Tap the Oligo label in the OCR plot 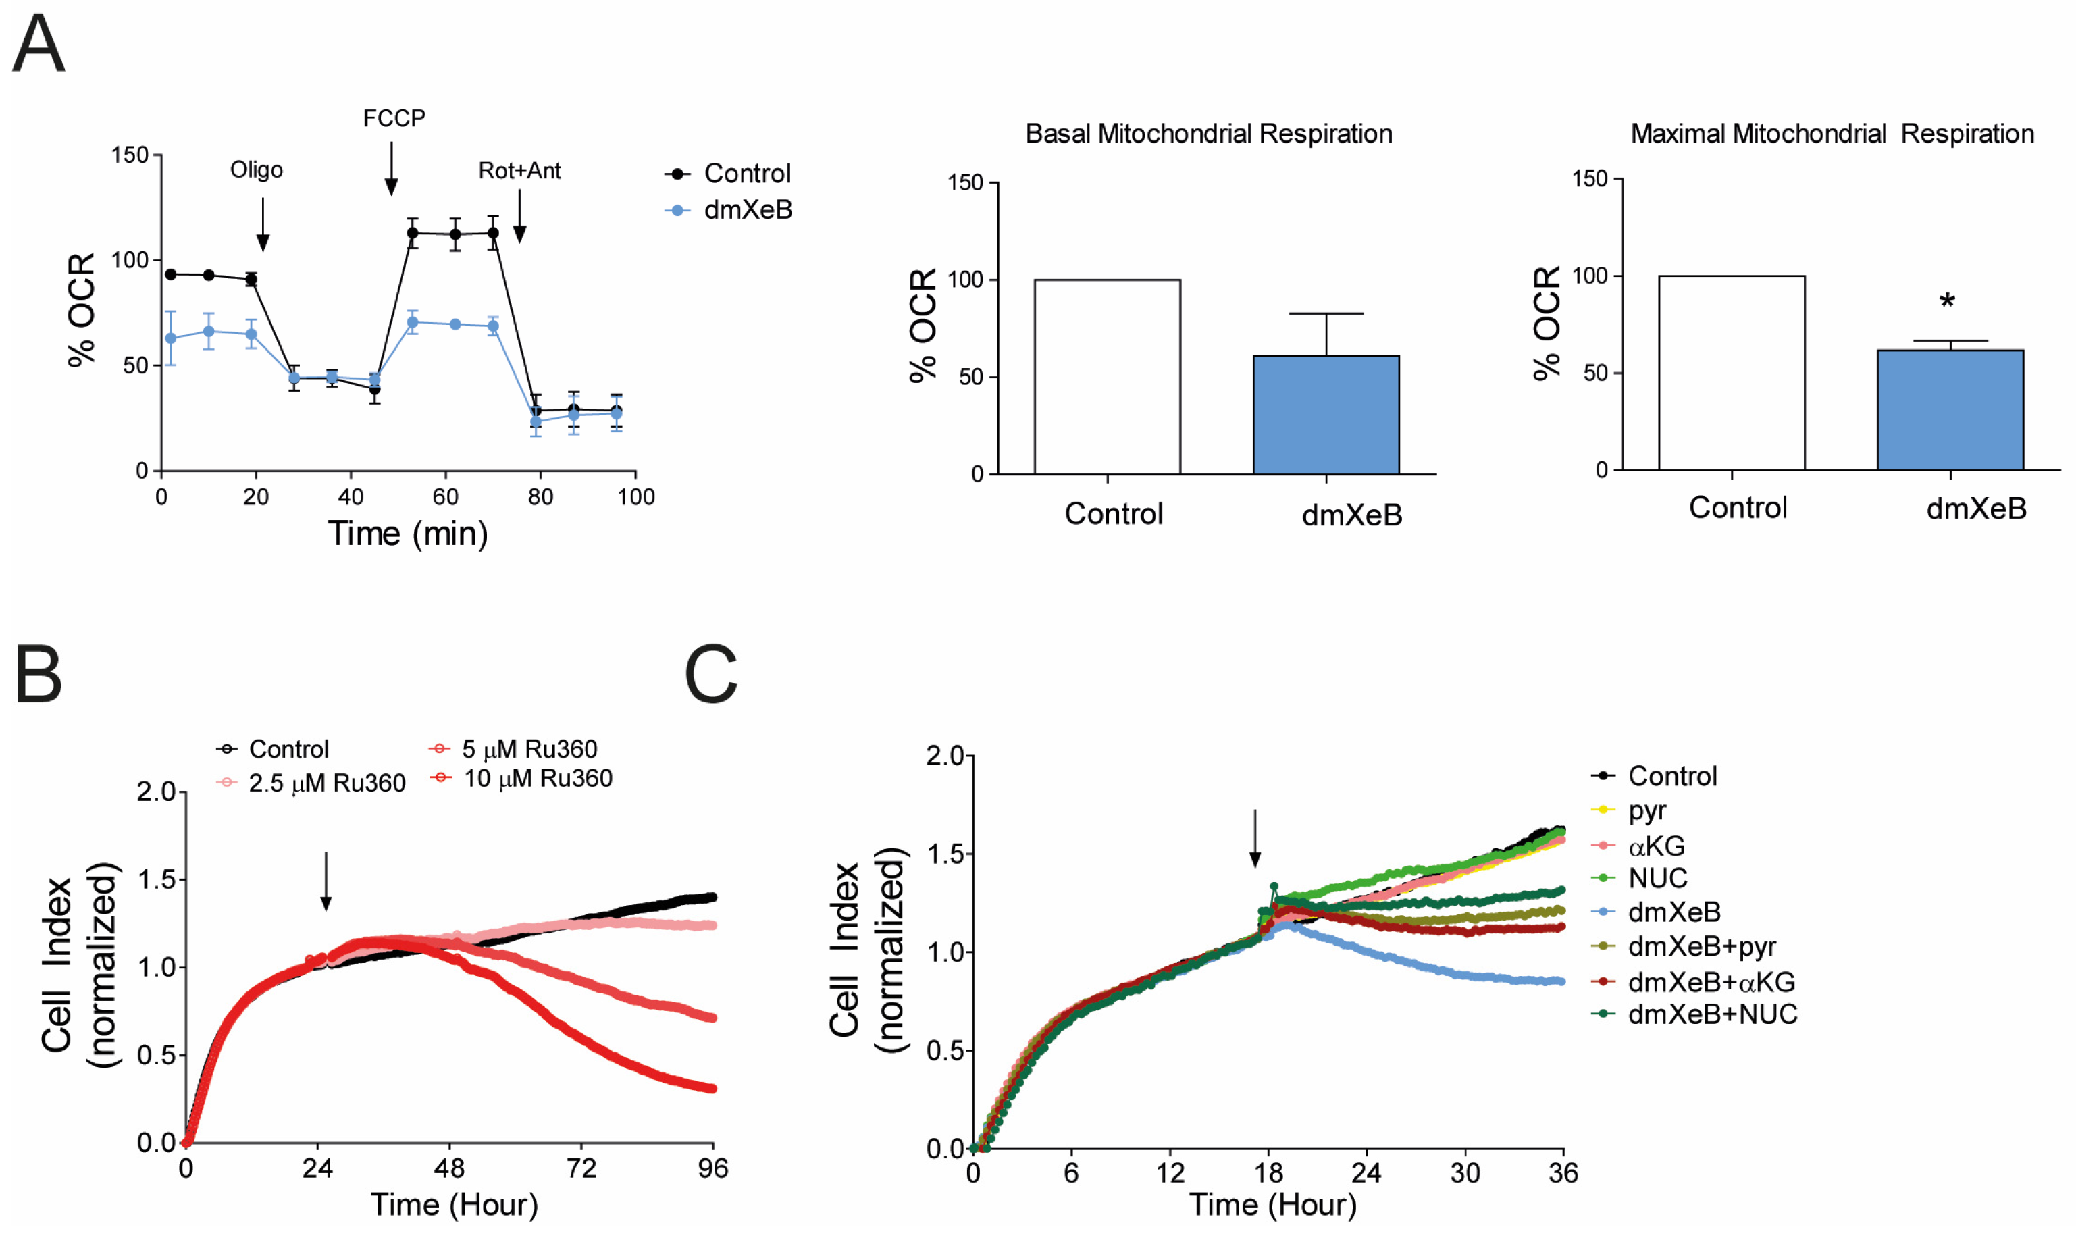coord(256,170)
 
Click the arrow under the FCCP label coord(391,168)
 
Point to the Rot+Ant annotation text coord(519,171)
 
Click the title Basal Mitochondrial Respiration coord(1208,134)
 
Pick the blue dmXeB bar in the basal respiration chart coord(1326,414)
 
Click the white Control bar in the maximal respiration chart coord(1732,372)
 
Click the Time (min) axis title coord(407,533)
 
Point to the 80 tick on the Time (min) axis coord(540,497)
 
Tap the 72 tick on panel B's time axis coord(581,1168)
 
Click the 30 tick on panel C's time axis coord(1464,1173)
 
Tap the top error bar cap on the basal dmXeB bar coord(1326,314)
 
